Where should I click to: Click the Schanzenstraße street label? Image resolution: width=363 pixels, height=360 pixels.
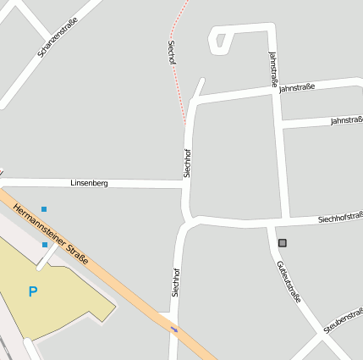click(x=58, y=38)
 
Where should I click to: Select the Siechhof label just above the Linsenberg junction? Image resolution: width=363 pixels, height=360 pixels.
click(x=187, y=163)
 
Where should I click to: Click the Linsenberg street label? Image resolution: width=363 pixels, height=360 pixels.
click(x=89, y=183)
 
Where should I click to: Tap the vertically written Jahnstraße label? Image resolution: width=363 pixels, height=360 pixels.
click(x=273, y=69)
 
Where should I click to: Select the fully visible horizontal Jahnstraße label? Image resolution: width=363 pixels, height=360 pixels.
click(x=296, y=86)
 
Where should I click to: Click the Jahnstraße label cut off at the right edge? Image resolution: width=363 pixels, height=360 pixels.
click(x=346, y=120)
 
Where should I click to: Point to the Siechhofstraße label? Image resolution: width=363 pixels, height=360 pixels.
click(x=340, y=219)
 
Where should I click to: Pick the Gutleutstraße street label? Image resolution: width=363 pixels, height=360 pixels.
click(x=288, y=281)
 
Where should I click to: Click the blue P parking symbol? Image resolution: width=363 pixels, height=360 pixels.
click(x=33, y=292)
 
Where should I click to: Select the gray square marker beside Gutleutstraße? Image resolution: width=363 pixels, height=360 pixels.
click(x=283, y=243)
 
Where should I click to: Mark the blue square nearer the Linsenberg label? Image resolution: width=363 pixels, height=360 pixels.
click(x=44, y=208)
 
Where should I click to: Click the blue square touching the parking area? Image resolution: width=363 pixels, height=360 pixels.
click(x=45, y=245)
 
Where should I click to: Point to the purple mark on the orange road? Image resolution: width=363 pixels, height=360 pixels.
click(x=174, y=329)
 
